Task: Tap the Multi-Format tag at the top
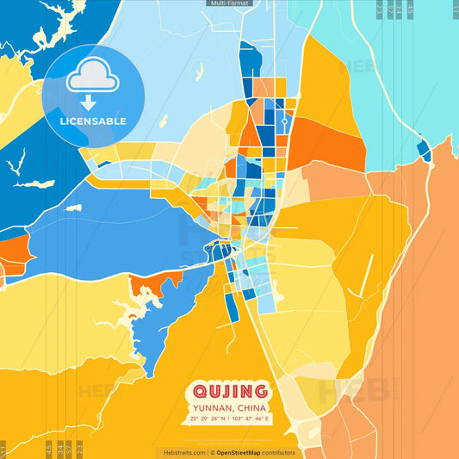coord(229,3)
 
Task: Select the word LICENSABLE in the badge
coord(92,121)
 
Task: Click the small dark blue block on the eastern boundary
coord(423,151)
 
